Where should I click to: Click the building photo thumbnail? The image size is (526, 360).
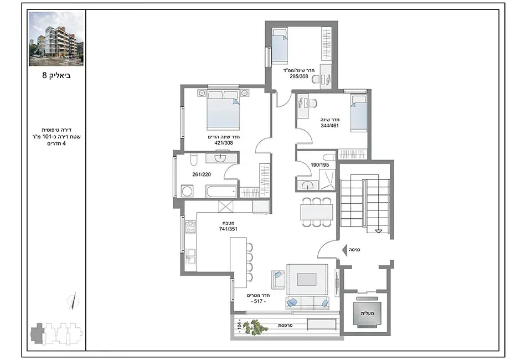point(56,39)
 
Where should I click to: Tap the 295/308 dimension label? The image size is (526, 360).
point(299,76)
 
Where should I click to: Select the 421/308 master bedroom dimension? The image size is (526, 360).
point(224,142)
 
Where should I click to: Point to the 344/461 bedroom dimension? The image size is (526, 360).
point(330,126)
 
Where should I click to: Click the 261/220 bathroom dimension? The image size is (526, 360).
point(202,174)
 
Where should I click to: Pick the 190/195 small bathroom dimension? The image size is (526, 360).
point(319,164)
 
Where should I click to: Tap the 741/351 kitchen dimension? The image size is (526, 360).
point(228,229)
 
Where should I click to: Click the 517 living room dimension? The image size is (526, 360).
point(259,301)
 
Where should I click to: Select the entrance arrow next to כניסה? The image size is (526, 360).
point(344,250)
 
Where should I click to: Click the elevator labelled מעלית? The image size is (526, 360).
point(367,314)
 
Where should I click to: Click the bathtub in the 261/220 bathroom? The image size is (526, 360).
point(221,192)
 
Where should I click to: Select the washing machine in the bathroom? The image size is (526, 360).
point(187,191)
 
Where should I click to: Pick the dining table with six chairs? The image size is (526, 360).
point(317,212)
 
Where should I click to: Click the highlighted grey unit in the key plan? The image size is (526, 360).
point(38,333)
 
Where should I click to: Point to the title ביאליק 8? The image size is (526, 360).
point(56,75)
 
